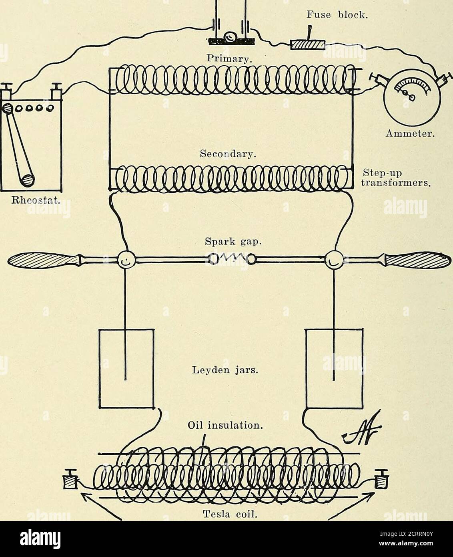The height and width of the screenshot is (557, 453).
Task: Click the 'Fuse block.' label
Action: tap(337, 15)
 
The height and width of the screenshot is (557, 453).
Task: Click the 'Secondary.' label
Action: tap(228, 155)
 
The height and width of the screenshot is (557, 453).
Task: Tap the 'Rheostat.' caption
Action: tap(34, 201)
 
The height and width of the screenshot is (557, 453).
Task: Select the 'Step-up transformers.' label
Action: tap(396, 178)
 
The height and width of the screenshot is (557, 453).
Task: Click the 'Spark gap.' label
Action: tap(233, 242)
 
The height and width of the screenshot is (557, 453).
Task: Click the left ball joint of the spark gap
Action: tap(126, 260)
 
